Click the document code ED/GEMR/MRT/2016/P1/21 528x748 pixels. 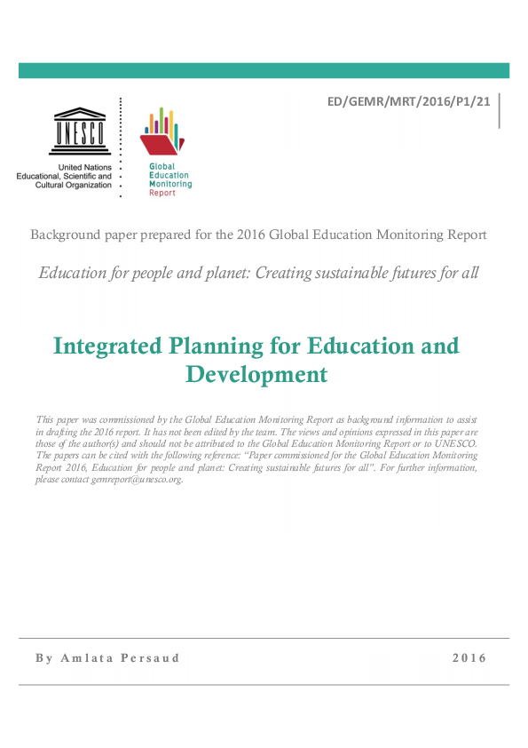point(409,102)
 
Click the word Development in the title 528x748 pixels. point(256,374)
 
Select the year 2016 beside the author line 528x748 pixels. point(469,658)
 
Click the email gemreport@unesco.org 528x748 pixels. point(140,480)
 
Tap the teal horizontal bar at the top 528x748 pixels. point(264,70)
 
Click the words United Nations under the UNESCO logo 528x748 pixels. point(85,167)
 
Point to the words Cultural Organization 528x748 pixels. point(74,185)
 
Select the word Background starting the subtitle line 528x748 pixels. point(62,235)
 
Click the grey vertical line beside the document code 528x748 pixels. point(500,110)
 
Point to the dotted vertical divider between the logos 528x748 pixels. point(121,147)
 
